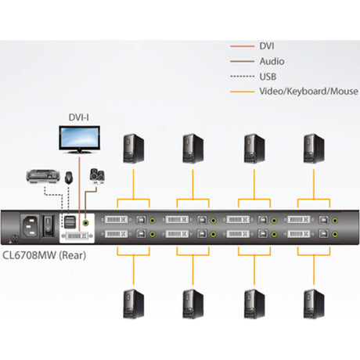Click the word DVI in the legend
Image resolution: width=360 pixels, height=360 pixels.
coord(266,46)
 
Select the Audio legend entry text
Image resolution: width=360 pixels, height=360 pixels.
coord(271,61)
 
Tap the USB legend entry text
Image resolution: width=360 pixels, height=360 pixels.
coord(267,76)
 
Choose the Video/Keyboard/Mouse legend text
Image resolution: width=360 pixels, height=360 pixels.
coord(302,91)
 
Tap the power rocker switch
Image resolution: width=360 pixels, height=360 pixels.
coord(49,227)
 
